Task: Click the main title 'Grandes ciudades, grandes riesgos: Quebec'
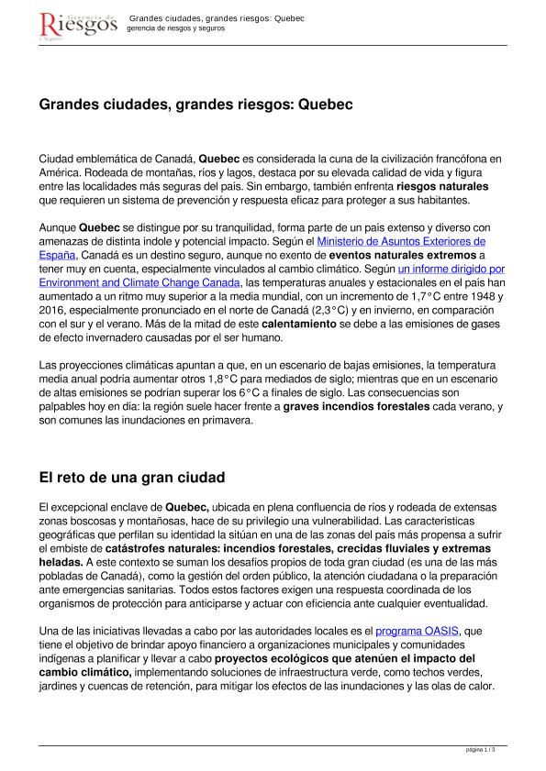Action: click(195, 105)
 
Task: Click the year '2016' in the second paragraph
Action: click(53, 311)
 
